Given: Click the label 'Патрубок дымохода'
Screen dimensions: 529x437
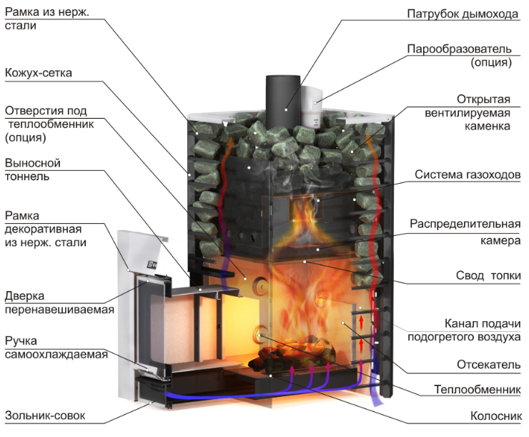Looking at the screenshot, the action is point(463,14).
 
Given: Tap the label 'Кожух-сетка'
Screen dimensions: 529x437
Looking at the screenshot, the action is point(39,73).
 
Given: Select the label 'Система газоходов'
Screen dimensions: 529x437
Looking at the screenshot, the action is point(468,175).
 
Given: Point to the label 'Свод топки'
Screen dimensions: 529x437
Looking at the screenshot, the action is point(488,275).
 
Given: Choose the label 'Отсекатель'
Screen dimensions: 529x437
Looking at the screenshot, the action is point(488,365).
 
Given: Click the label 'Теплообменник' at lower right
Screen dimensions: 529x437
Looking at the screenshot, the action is point(477,389).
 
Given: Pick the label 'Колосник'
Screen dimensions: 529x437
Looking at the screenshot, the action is point(495,416).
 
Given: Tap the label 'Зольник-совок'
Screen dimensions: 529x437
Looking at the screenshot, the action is point(45,416).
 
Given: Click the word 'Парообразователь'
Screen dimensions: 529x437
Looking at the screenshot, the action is point(459,49).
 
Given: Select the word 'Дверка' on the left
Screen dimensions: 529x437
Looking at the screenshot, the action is point(24,296).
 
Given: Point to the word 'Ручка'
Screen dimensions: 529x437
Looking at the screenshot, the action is point(21,341).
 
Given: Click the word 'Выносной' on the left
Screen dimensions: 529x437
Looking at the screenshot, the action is point(33,163).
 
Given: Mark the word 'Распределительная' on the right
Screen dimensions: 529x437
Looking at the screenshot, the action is point(465,224).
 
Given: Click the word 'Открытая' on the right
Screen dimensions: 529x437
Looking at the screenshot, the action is point(483,99).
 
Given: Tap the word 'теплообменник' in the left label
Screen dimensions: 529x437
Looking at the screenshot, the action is point(51,124).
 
